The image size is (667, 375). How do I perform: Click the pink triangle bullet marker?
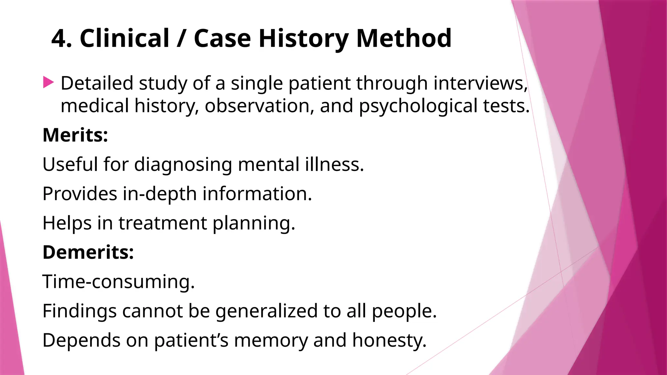(x=48, y=82)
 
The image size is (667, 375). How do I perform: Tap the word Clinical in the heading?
(x=124, y=38)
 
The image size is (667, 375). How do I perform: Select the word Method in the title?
(x=404, y=38)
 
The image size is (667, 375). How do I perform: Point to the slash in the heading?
(x=181, y=38)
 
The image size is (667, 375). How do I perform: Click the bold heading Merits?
(x=75, y=135)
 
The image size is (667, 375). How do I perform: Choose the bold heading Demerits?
(x=88, y=252)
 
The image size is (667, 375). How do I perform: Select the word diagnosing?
(x=183, y=164)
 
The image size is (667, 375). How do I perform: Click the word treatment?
(x=163, y=223)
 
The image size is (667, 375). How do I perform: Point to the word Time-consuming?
(x=119, y=282)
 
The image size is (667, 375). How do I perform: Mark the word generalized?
(x=266, y=311)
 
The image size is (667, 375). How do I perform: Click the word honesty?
(x=389, y=340)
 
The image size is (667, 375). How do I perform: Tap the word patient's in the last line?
(x=191, y=340)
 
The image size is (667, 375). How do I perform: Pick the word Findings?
(x=79, y=311)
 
